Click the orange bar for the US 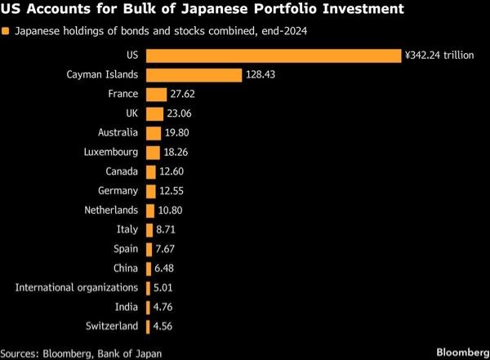tap(274, 56)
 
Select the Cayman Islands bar tap(194, 75)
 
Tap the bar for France tap(157, 95)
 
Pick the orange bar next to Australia tap(154, 133)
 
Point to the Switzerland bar tap(148, 327)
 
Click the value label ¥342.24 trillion tap(439, 56)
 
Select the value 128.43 tap(261, 74)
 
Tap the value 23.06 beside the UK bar tap(179, 113)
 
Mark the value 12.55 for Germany tap(171, 191)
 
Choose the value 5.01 tap(163, 288)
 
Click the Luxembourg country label tap(111, 152)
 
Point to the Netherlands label tap(111, 210)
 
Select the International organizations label tap(77, 288)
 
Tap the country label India tap(127, 307)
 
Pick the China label tap(126, 268)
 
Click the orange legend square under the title tap(6, 31)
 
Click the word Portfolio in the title tap(286, 9)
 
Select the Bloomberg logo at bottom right tap(463, 353)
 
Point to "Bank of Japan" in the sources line tap(130, 353)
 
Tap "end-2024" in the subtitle tap(284, 31)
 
